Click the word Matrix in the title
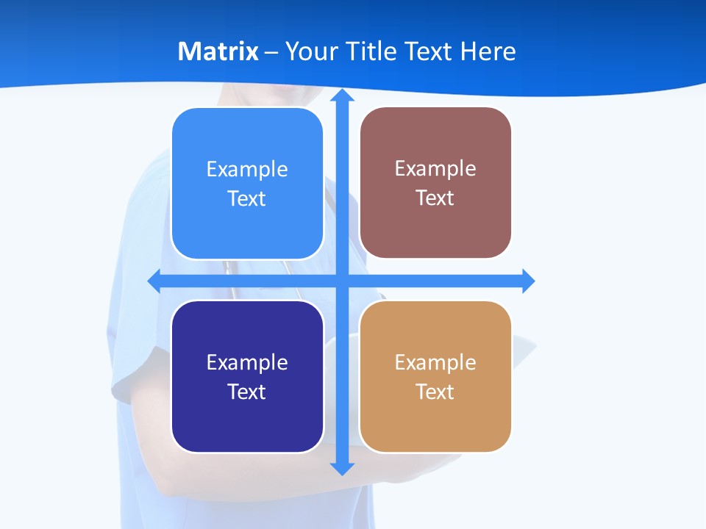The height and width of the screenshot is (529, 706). click(x=218, y=51)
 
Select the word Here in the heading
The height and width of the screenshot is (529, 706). click(x=488, y=51)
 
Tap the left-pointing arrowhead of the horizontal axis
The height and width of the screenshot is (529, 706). click(x=154, y=281)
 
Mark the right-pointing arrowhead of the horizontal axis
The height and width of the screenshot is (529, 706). click(x=528, y=281)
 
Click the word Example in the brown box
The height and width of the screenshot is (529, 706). click(x=435, y=169)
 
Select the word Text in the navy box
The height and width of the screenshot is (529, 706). click(x=246, y=392)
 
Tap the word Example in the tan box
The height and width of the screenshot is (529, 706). click(x=435, y=362)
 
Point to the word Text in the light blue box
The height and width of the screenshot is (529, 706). click(x=246, y=199)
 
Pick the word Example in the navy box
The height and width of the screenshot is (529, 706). click(x=247, y=362)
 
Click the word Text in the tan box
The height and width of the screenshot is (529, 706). click(x=435, y=392)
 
